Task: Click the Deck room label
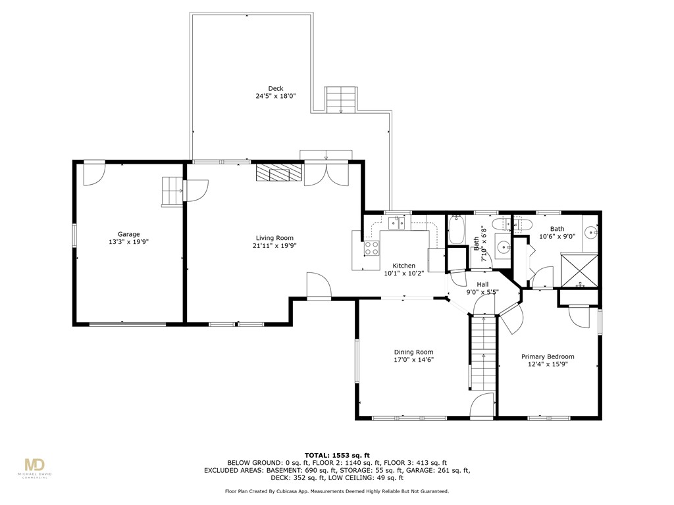pyautogui.click(x=275, y=88)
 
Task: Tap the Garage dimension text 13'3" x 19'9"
pyautogui.click(x=129, y=242)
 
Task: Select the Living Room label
pyautogui.click(x=274, y=238)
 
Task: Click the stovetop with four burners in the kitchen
pyautogui.click(x=371, y=249)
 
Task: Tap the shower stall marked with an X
pyautogui.click(x=579, y=270)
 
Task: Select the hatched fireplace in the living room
pyautogui.click(x=278, y=172)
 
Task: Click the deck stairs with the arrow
pyautogui.click(x=341, y=99)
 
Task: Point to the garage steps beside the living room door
pyautogui.click(x=172, y=191)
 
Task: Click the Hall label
pyautogui.click(x=482, y=284)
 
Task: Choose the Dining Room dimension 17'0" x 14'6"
pyautogui.click(x=413, y=360)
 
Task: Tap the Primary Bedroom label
pyautogui.click(x=548, y=356)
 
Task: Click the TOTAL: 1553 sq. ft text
pyautogui.click(x=337, y=455)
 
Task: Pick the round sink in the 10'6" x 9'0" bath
pyautogui.click(x=595, y=232)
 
